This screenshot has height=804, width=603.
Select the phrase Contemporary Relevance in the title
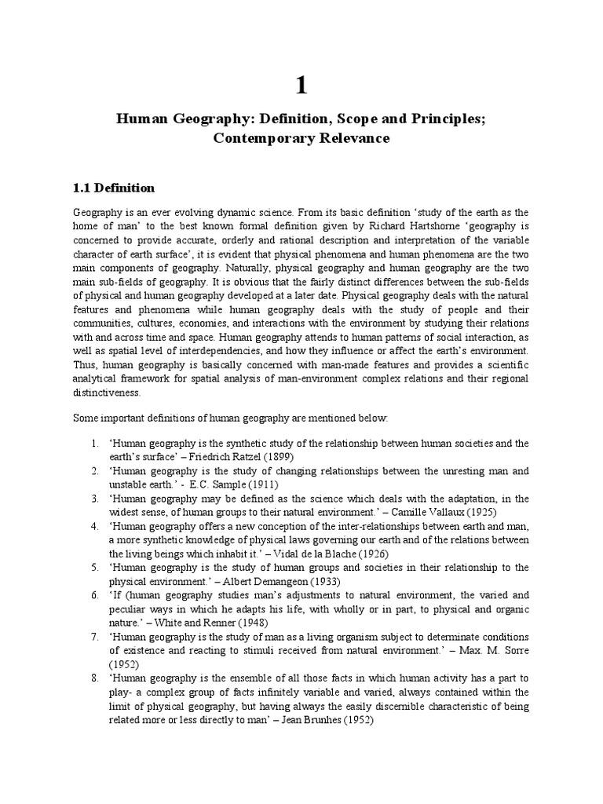point(301,138)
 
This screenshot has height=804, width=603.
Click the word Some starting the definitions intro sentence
point(86,418)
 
